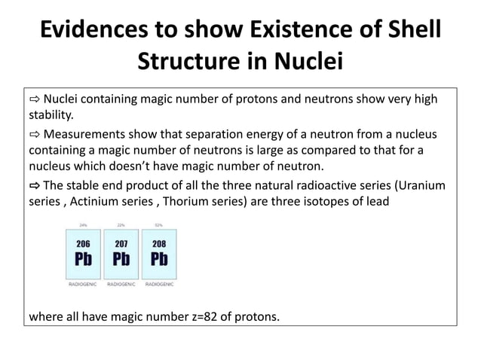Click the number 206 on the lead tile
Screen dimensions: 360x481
[83, 243]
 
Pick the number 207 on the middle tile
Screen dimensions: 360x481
[121, 243]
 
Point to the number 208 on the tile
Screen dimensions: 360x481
[159, 243]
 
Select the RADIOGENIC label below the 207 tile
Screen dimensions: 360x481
[121, 285]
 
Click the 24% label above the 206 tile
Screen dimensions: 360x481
[83, 224]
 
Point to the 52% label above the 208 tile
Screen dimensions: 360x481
[159, 224]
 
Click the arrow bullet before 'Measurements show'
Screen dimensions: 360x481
[35, 134]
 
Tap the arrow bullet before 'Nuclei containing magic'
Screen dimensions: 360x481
[35, 100]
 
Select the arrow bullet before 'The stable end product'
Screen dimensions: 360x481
[35, 185]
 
